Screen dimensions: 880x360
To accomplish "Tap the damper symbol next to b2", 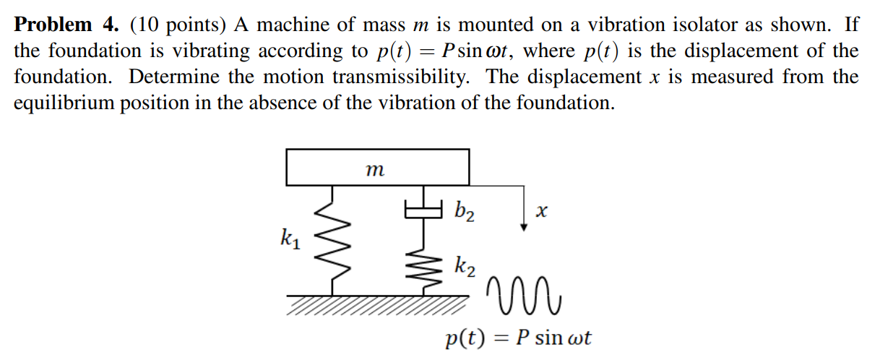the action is (x=422, y=210).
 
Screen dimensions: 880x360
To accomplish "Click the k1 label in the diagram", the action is (x=289, y=236).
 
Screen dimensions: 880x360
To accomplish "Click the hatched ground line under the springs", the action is (x=376, y=304).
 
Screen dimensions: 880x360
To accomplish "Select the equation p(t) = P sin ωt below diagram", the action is (x=518, y=338).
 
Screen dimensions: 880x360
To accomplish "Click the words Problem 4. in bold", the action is (x=66, y=25).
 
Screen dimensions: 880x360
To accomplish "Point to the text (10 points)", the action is (x=179, y=25).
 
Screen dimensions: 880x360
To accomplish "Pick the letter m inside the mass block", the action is (x=374, y=171).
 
